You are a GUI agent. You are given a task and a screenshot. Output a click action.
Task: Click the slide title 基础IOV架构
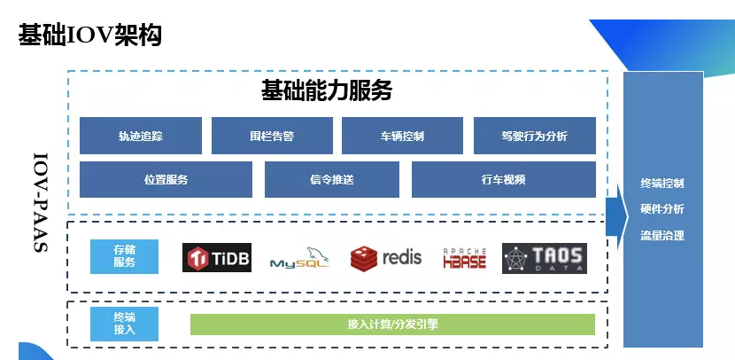tap(89, 35)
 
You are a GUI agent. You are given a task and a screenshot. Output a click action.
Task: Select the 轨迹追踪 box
tap(140, 136)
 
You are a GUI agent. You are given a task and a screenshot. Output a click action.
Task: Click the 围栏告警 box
tap(271, 136)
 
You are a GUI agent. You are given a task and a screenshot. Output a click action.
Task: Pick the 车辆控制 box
tap(402, 136)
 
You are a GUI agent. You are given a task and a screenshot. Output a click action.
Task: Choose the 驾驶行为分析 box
tap(534, 136)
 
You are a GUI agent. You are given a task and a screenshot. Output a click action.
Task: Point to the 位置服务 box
tap(166, 179)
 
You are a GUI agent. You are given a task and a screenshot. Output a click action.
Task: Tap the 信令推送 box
tap(332, 179)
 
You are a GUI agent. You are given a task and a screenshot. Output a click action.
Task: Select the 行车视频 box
tap(503, 179)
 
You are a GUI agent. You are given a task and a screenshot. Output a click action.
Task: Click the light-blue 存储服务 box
tap(125, 256)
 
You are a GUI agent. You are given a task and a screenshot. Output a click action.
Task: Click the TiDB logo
tap(217, 258)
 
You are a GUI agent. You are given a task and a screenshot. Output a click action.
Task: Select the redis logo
tap(386, 258)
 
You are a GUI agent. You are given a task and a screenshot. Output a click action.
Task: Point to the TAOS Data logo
tap(544, 258)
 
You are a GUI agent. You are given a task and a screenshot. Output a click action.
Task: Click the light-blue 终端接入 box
tap(125, 325)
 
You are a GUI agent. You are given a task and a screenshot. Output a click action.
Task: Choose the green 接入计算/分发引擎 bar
tap(392, 325)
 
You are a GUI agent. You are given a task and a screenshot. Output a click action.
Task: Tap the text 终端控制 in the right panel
tap(662, 184)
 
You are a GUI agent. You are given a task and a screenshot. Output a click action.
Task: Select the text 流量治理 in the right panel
tap(662, 236)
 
